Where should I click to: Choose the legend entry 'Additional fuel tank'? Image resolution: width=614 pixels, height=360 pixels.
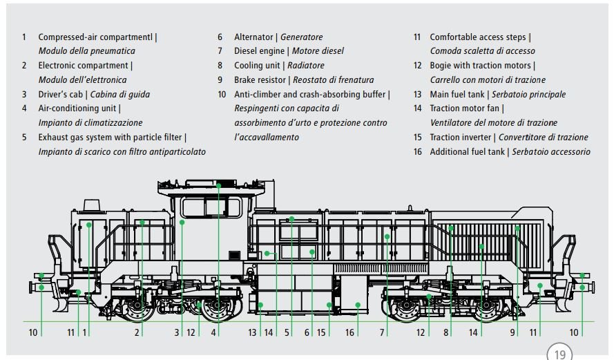coord(468,152)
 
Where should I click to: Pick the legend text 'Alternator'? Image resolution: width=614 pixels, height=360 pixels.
coord(254,37)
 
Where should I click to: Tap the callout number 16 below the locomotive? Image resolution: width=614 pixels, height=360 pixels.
coord(349,332)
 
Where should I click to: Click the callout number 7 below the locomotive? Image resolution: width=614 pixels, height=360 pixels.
coord(381,332)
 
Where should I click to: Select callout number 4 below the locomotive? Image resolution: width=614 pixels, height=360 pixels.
coord(214,332)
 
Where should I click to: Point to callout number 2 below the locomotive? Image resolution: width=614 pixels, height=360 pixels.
coord(137,332)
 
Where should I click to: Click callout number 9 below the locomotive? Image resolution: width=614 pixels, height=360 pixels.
coord(512,332)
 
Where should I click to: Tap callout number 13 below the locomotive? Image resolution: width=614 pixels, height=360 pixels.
coord(253,332)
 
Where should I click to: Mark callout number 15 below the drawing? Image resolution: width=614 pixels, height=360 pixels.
coord(322,332)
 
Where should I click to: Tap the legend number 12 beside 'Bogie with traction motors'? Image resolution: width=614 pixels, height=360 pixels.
coord(418,66)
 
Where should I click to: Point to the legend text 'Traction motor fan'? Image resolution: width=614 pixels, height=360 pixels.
coord(465,108)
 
